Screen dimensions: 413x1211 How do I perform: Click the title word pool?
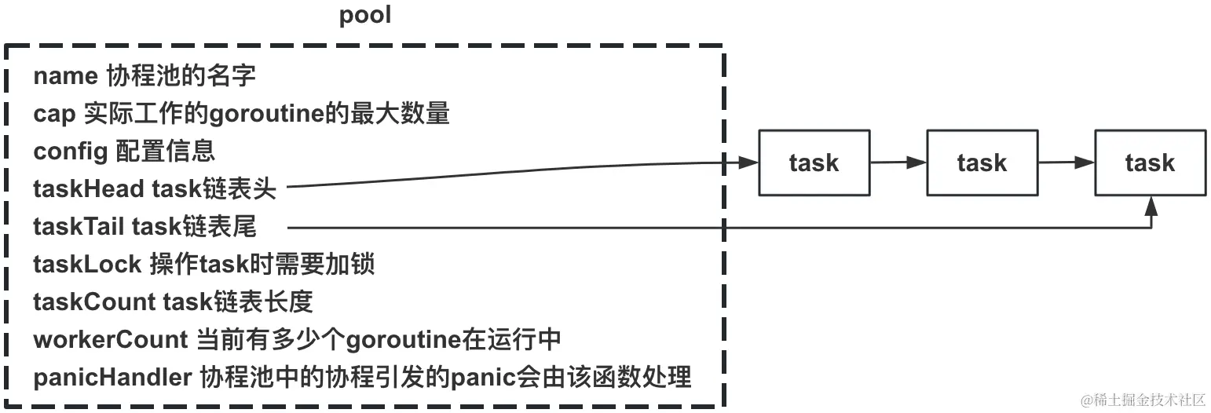(x=365, y=15)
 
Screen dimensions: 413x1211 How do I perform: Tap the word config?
(x=70, y=151)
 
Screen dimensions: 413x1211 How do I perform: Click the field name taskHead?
(x=89, y=188)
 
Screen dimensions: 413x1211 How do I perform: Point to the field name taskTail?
(x=79, y=226)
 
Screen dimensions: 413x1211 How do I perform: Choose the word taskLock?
(x=87, y=264)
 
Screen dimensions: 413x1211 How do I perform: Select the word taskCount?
(x=93, y=302)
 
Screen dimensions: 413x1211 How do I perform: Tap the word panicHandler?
(x=112, y=377)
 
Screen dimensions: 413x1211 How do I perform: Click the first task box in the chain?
(x=814, y=163)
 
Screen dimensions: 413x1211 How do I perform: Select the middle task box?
(x=982, y=163)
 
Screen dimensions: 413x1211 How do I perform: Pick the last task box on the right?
(x=1150, y=163)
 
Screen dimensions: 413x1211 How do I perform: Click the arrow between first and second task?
(x=898, y=163)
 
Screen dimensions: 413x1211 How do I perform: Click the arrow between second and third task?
(x=1066, y=163)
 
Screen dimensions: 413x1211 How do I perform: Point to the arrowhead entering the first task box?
(x=748, y=163)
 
